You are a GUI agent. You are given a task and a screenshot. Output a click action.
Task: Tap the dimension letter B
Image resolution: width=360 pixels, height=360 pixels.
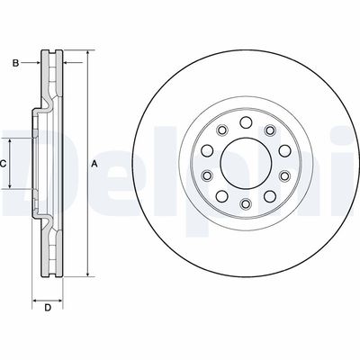(14, 62)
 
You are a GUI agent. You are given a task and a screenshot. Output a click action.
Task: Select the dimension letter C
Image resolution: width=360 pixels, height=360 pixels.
(4, 164)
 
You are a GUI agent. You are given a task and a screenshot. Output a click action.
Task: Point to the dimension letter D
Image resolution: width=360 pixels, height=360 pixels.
(47, 310)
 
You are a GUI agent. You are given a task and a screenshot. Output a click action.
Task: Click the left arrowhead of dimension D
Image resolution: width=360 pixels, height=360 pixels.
(35, 298)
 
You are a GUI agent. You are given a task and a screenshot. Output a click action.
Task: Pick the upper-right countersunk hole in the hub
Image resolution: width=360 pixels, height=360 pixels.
(270, 131)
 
